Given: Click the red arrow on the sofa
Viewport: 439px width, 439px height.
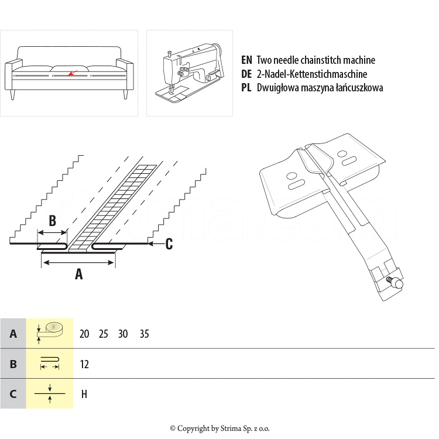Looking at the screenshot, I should (x=71, y=73).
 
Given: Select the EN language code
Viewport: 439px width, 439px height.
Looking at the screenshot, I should (x=246, y=60).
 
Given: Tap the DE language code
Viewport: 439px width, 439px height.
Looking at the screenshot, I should (x=246, y=74).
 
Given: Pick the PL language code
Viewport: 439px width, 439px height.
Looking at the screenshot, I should (x=246, y=88).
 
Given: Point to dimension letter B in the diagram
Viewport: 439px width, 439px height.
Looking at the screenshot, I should (x=52, y=221).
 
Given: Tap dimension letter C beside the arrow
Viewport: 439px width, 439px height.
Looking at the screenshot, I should (x=169, y=244).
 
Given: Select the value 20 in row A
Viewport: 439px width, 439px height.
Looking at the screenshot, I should (x=84, y=334).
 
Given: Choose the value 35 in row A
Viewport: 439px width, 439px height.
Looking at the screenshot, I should (x=145, y=334).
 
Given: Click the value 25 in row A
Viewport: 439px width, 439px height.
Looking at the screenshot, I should (x=104, y=334).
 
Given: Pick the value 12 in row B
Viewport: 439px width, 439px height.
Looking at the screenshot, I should (x=84, y=364).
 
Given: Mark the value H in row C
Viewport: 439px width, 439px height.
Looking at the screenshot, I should (x=84, y=394).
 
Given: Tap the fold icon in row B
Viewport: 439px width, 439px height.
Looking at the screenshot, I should (x=50, y=363).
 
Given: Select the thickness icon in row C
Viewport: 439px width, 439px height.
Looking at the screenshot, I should (x=50, y=393).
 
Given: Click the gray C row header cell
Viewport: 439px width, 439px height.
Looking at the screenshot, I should (x=13, y=393).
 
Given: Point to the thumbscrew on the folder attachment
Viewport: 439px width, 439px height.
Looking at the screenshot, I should (x=396, y=282).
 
